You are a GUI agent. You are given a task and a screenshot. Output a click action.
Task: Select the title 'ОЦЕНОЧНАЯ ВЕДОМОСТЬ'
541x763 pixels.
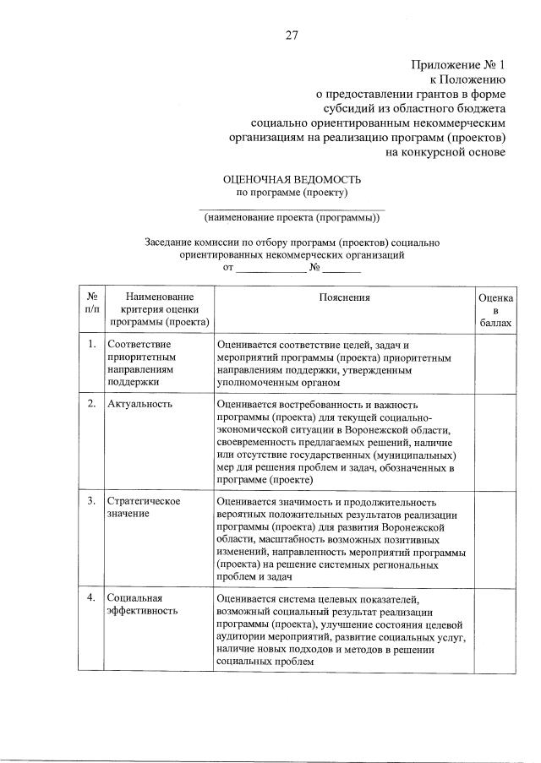click(291, 179)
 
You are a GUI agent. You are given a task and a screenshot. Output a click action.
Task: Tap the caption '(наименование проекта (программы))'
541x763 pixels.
click(292, 219)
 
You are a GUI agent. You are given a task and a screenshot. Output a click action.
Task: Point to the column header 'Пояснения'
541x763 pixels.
click(344, 297)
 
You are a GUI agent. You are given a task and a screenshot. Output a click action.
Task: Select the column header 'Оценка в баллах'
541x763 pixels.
click(495, 310)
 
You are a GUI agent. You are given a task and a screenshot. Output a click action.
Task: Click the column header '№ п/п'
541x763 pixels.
click(90, 303)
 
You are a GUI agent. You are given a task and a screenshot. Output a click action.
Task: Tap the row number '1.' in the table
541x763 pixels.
click(90, 345)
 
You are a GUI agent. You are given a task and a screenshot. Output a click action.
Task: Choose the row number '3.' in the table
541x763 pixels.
click(90, 501)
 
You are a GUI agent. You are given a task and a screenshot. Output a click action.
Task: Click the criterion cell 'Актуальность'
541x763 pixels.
click(140, 404)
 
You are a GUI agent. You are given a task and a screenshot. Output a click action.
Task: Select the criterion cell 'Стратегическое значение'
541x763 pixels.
click(144, 508)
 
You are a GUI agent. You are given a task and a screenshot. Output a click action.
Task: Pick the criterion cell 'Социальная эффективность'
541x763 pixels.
click(142, 605)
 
